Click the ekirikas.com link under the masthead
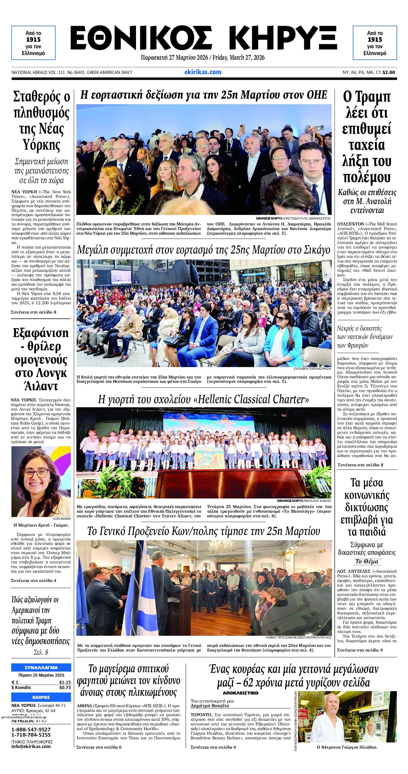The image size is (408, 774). (203, 72)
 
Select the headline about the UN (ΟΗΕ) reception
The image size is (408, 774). (204, 95)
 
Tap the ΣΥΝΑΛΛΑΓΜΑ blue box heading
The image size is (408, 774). (41, 668)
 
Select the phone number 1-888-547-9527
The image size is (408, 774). (31, 729)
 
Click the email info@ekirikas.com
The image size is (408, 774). (31, 746)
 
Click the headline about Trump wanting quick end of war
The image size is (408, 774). (367, 137)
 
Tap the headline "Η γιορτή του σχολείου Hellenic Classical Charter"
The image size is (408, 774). (203, 399)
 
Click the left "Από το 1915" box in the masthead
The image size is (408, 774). (33, 43)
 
